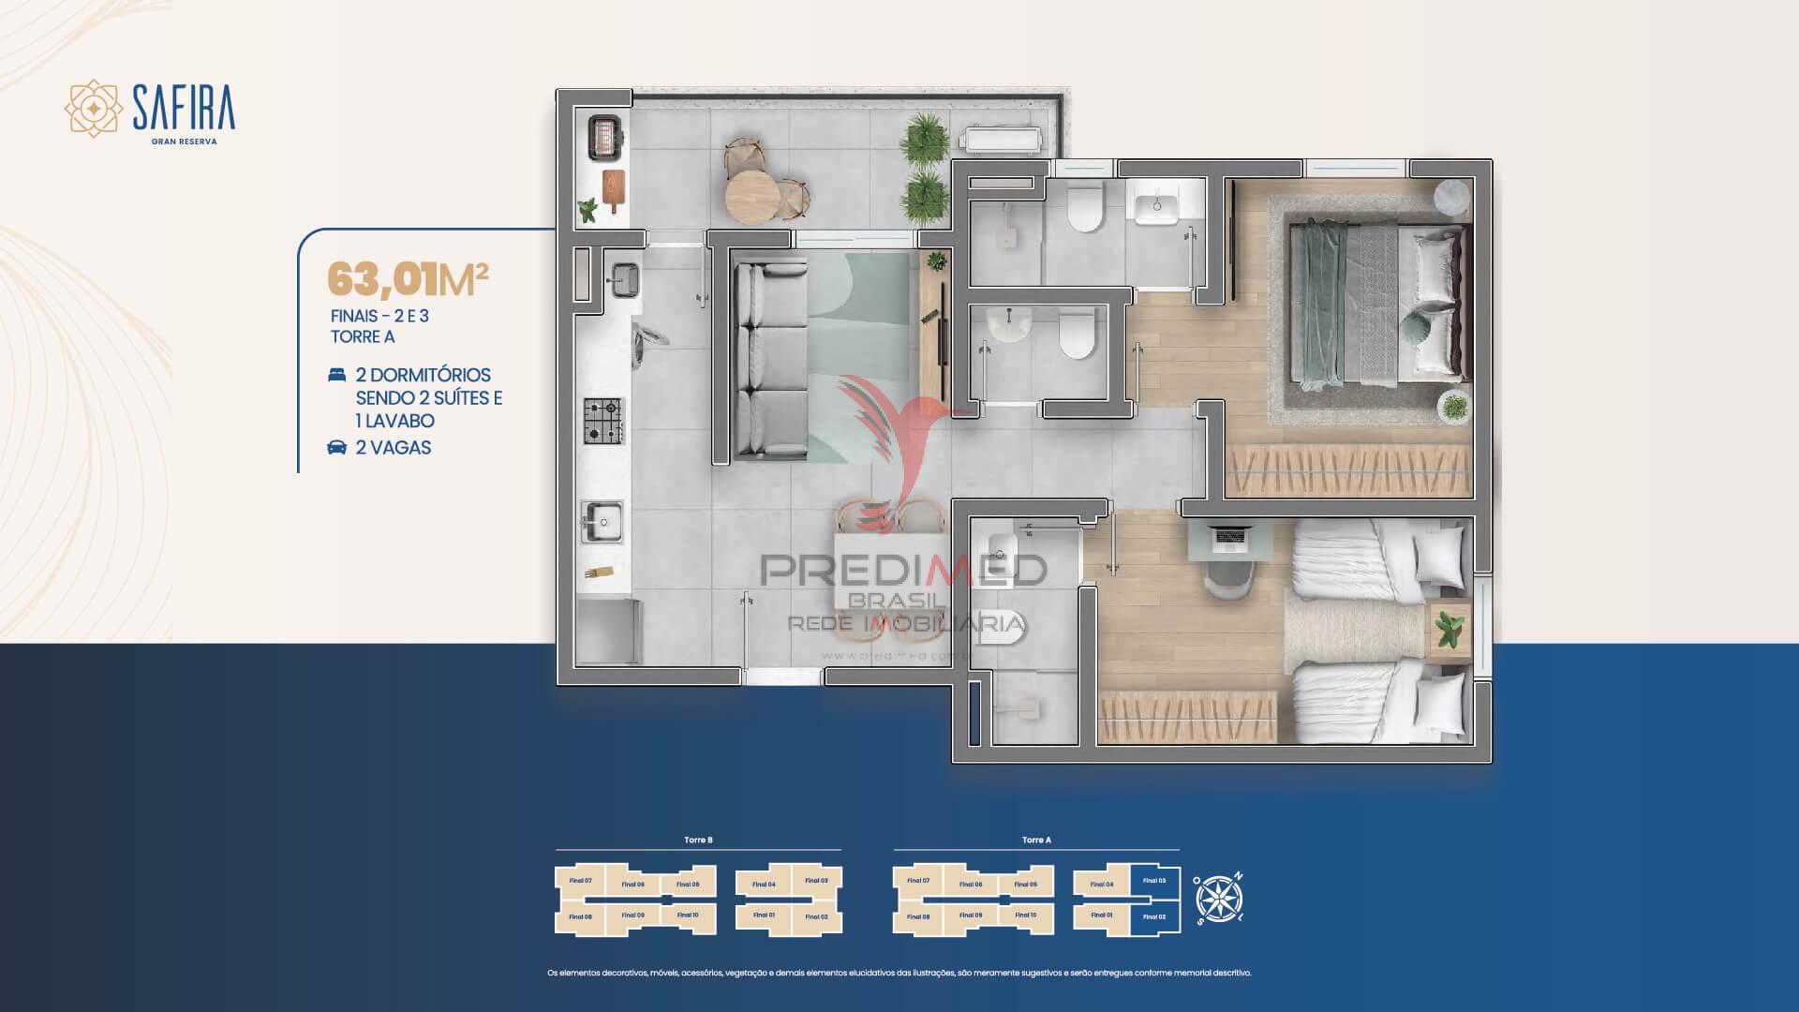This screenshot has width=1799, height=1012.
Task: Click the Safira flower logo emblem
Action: tap(93, 110)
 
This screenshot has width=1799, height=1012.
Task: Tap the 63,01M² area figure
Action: tap(408, 279)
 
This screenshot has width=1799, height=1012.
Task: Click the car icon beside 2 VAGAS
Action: tap(336, 448)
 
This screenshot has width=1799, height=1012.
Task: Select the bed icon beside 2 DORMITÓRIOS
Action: tap(336, 375)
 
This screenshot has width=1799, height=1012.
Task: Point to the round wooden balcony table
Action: tap(751, 194)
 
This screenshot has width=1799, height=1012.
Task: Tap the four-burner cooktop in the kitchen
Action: tap(603, 421)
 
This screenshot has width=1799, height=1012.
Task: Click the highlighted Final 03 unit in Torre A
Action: tap(1154, 881)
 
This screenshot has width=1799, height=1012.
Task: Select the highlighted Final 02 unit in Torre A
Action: tap(1154, 916)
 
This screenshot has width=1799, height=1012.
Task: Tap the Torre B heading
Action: tap(698, 841)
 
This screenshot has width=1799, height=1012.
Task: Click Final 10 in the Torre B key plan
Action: tap(689, 915)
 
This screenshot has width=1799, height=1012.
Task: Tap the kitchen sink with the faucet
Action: tap(601, 521)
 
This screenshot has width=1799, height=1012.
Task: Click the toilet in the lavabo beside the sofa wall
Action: tap(1078, 335)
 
